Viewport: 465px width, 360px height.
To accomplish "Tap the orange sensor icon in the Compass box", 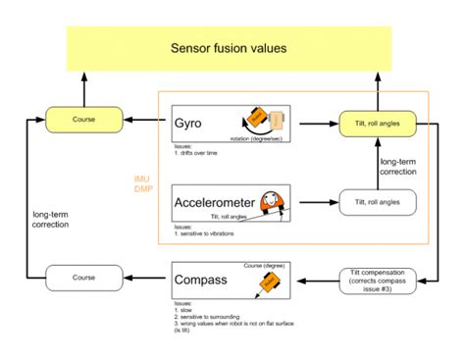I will (x=266, y=284).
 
